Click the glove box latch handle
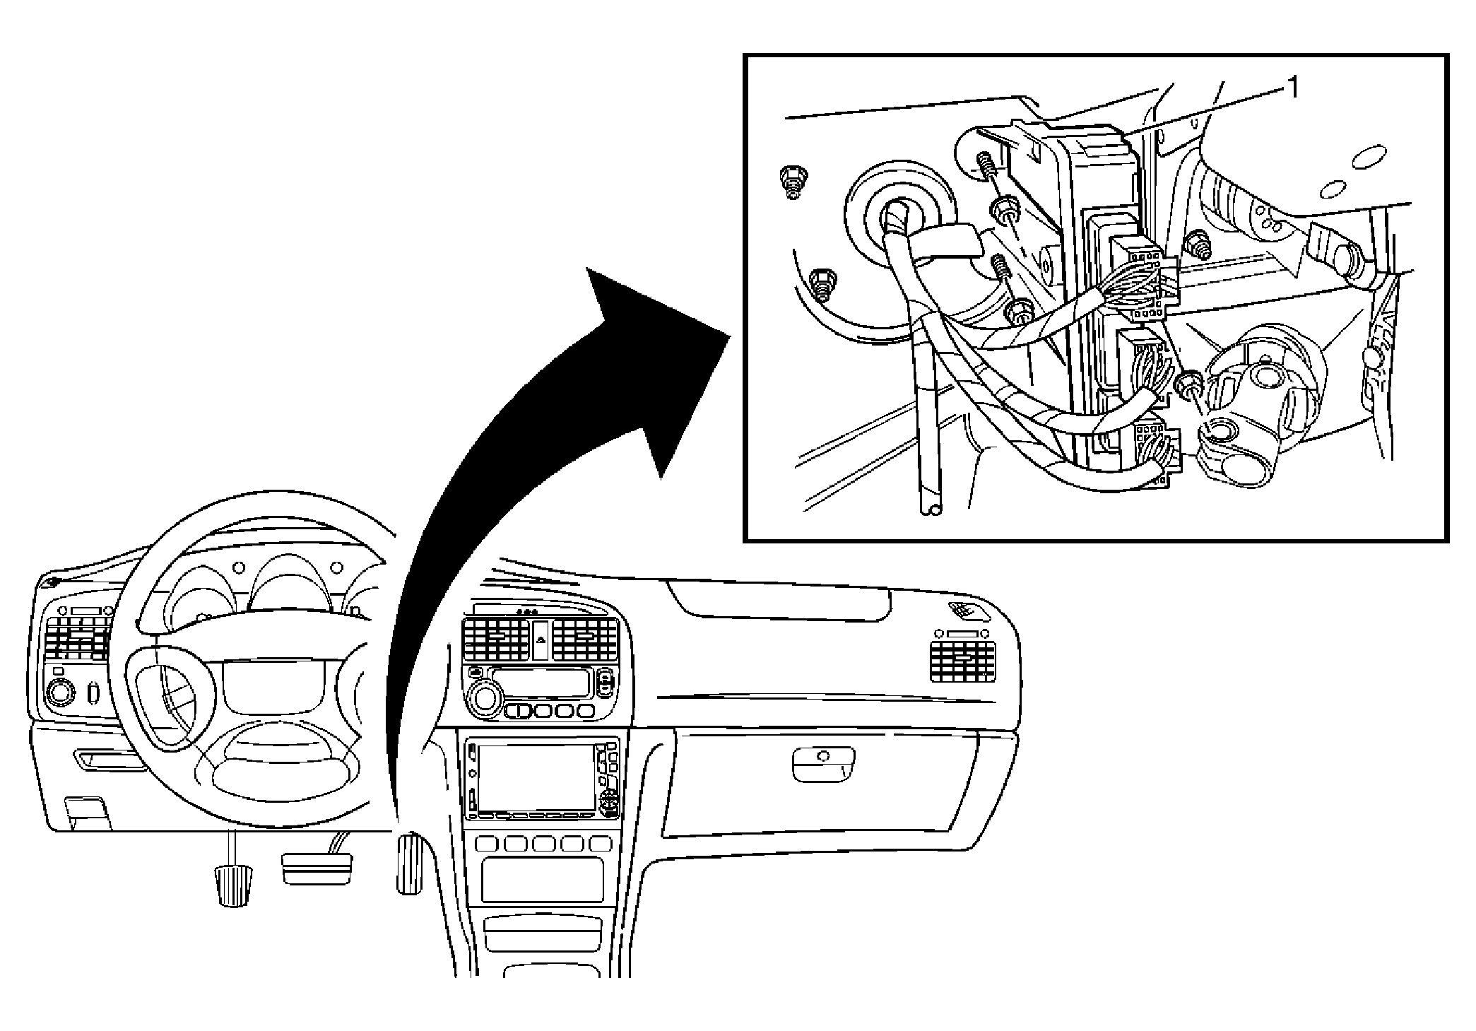pyautogui.click(x=825, y=763)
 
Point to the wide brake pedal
pyautogui.click(x=317, y=868)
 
